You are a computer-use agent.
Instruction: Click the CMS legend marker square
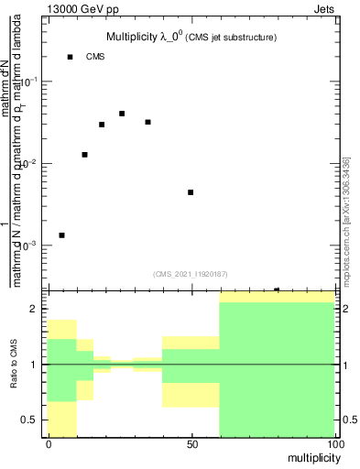coord(70,57)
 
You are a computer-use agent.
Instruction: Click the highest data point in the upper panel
coord(122,114)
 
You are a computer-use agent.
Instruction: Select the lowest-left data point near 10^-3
coord(61,235)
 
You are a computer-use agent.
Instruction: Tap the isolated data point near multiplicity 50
coord(191,192)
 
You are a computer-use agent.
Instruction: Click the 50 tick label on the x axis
coord(191,444)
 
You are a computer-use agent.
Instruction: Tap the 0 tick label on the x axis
coord(49,444)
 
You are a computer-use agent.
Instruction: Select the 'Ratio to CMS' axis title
coord(14,365)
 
